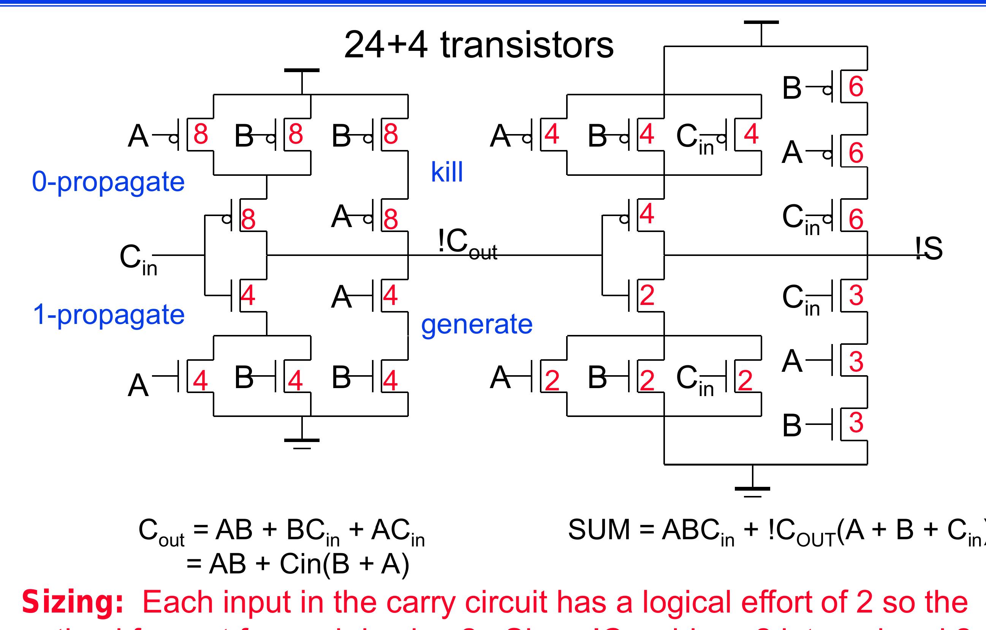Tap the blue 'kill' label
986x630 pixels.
point(447,172)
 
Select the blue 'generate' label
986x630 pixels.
point(476,325)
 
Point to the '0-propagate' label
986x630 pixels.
point(108,182)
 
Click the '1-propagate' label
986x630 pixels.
point(109,314)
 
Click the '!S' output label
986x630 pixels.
point(929,248)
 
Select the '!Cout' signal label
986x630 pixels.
point(467,244)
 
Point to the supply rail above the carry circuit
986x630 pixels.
point(302,71)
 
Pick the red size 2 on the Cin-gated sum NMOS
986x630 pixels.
point(745,380)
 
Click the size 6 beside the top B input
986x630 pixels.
point(856,87)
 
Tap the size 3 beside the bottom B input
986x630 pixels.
point(856,423)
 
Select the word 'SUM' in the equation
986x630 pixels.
point(599,530)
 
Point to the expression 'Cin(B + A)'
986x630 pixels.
point(344,564)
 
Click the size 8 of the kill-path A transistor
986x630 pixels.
point(391,218)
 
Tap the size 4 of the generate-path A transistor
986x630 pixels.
point(390,295)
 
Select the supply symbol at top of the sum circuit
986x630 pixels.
point(761,23)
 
